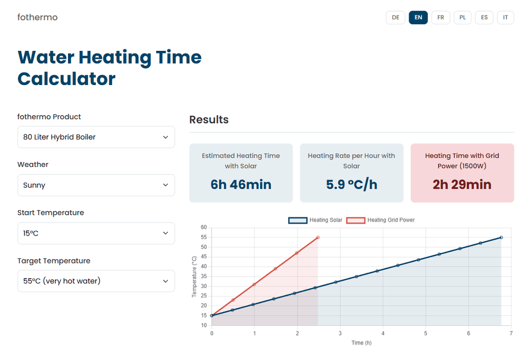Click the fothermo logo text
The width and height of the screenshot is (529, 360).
[37, 17]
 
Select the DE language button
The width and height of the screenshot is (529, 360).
[395, 17]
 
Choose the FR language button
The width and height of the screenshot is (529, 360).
[440, 17]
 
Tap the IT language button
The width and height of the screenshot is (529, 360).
[505, 17]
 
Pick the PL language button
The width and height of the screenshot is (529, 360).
[462, 17]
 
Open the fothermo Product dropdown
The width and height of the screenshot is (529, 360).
[96, 137]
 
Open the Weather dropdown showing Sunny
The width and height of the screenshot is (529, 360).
[96, 185]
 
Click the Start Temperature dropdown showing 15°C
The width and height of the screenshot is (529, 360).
[96, 233]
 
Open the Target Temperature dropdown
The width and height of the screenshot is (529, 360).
[96, 281]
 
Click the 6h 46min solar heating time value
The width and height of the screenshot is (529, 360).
[241, 185]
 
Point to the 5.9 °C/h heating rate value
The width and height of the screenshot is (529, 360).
[351, 185]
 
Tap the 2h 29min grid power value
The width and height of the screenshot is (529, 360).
[462, 185]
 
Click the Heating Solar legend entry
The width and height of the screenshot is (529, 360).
[315, 220]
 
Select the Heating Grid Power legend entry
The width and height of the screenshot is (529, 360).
[381, 220]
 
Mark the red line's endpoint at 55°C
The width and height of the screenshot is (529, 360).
[317, 238]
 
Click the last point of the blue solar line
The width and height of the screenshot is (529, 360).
[501, 238]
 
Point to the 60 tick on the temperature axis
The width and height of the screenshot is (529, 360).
[203, 228]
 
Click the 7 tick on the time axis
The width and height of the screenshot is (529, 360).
[511, 333]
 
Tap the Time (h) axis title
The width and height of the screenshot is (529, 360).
[361, 343]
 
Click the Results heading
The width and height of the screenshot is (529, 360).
[208, 120]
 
